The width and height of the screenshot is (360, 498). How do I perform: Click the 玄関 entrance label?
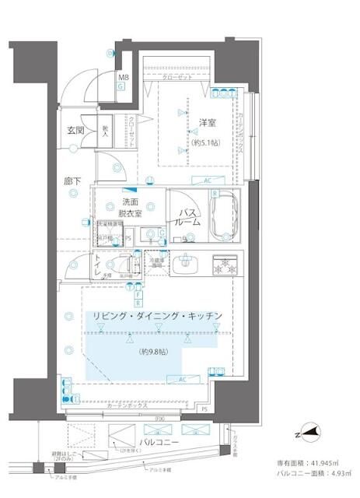[x=75, y=130]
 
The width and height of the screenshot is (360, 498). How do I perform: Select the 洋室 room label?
[x=207, y=123]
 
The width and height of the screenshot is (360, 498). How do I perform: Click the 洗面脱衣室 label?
[x=128, y=206]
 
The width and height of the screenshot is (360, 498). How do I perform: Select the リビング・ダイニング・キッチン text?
[x=158, y=315]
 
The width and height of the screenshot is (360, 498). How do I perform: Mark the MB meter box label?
[x=124, y=78]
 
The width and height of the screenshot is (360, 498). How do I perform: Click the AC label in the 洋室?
[x=208, y=181]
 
